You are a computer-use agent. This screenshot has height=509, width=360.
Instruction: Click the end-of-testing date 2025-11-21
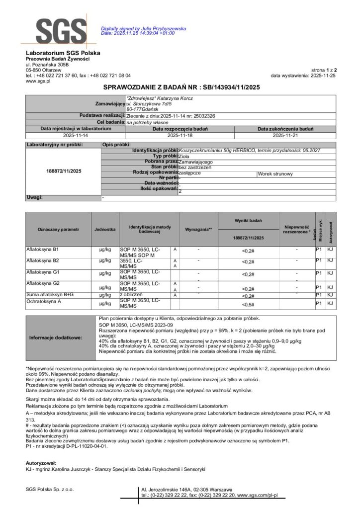point(284,135)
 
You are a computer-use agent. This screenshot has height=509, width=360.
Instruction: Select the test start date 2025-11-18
point(180,135)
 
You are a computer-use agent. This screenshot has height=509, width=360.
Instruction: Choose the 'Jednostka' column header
point(105,229)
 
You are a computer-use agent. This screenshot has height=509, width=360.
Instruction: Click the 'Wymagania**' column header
point(198,229)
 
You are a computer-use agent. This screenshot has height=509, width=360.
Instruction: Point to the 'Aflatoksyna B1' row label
point(42,248)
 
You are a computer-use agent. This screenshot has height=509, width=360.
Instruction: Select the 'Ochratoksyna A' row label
point(43,301)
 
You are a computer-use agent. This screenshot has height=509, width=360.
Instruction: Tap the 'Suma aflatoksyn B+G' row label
point(49,294)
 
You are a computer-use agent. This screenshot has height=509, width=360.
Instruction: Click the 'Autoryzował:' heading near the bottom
point(41,462)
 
